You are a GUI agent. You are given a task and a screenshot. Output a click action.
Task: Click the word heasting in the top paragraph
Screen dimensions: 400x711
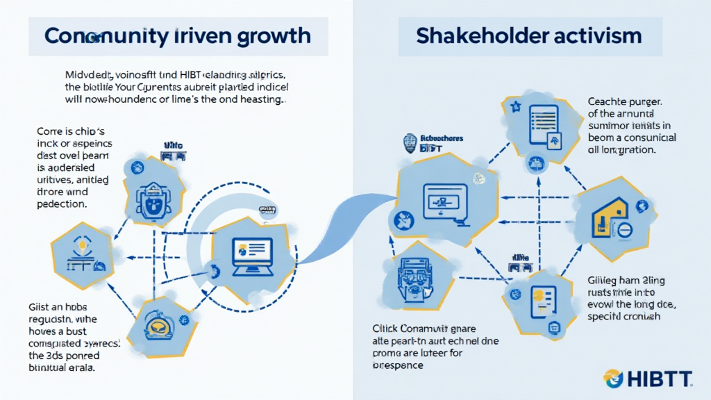(260, 100)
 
